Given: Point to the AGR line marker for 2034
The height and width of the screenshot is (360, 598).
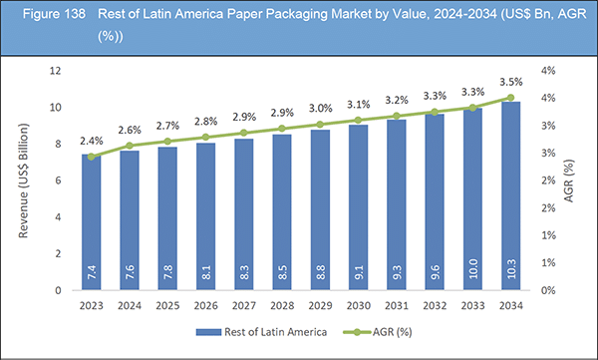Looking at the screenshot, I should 511,98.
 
